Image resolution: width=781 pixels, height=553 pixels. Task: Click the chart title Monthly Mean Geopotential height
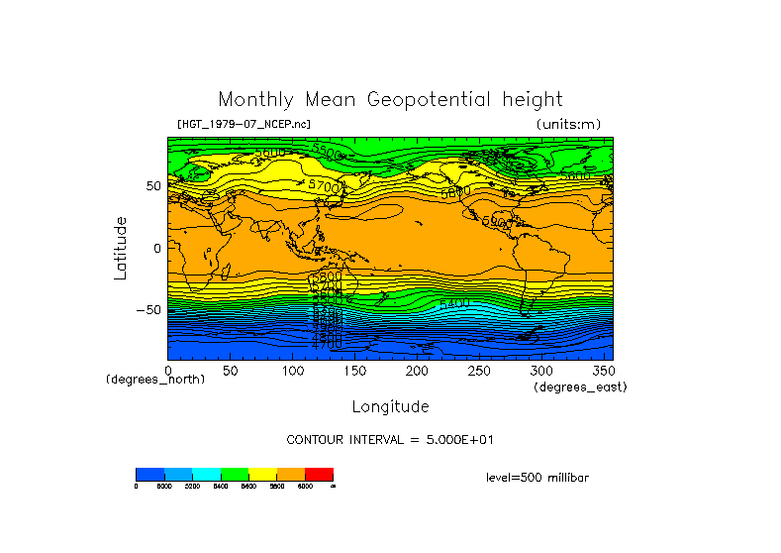point(390,99)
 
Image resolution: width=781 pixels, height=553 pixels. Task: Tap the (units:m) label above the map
point(567,124)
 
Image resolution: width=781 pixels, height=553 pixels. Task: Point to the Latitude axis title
point(120,248)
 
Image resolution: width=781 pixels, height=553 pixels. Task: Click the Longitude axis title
point(390,406)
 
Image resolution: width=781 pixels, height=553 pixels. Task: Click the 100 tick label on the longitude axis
point(292,371)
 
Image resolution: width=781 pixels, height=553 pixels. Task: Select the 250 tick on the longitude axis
point(479,371)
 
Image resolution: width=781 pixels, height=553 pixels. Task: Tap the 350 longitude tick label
point(603,371)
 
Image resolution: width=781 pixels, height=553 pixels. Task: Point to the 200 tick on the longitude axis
point(417,371)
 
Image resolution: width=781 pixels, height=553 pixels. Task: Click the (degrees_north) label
point(155,380)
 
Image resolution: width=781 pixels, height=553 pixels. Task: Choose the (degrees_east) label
point(579,387)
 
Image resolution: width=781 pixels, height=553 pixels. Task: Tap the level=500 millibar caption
point(537,477)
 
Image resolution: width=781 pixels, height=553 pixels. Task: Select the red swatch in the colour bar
point(319,474)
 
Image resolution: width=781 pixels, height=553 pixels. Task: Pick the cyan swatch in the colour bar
point(206,474)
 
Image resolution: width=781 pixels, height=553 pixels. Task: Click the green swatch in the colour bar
point(235,474)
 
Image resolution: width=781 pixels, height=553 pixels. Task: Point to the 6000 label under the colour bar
point(305,486)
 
